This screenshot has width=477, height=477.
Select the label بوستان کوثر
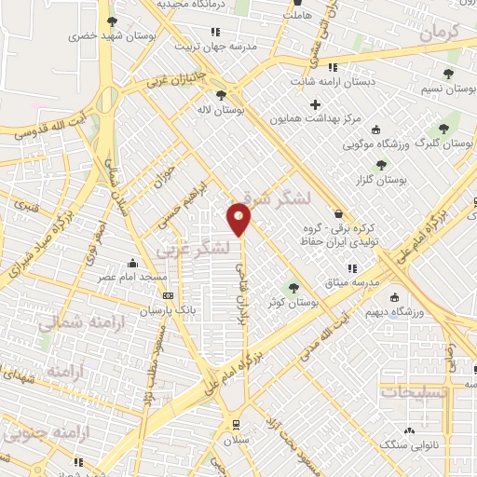[293, 303]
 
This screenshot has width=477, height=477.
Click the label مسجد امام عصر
[135, 277]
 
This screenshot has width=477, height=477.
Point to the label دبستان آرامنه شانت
[333, 81]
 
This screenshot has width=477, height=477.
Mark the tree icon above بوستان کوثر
[294, 287]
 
